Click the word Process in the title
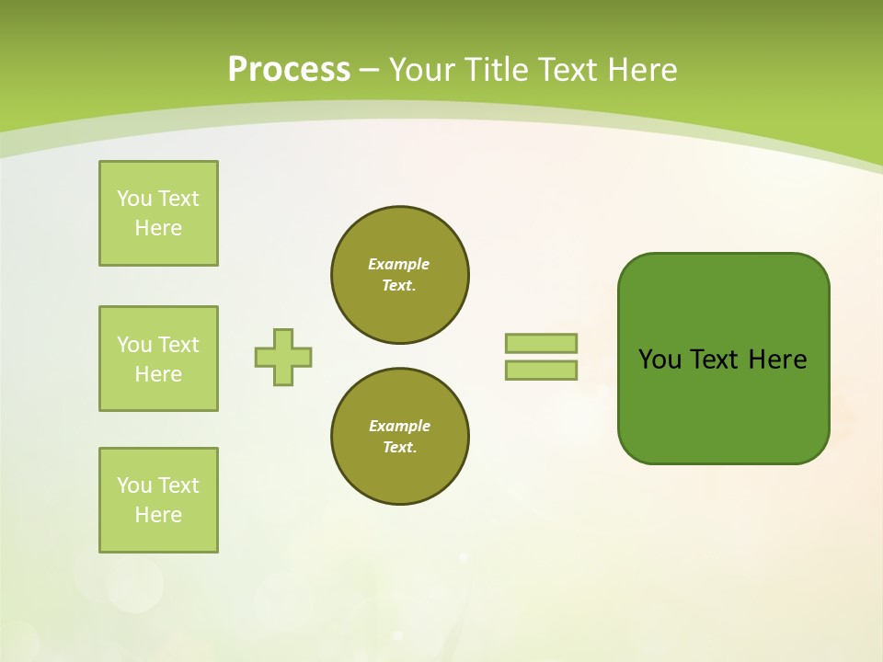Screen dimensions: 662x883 point(289,70)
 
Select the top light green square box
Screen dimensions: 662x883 point(158,213)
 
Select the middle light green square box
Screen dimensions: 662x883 point(158,359)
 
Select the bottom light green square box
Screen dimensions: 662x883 point(158,500)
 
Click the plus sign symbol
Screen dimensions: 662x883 point(283,357)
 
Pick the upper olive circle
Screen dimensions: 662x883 point(399,275)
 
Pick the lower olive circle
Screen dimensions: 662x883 point(399,437)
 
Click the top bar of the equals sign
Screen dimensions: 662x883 point(541,343)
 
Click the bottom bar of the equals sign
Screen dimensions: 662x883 point(541,371)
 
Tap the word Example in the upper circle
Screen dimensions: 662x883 point(398,264)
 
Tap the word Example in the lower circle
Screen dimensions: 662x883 point(399,426)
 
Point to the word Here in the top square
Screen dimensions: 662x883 point(158,228)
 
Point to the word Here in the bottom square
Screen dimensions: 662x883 point(158,515)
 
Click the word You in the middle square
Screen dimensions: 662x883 point(133,345)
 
